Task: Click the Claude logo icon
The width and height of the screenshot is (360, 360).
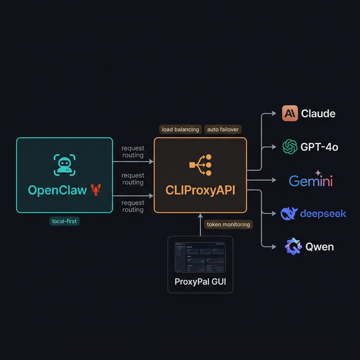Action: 290,113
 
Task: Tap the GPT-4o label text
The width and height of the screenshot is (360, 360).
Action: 319,147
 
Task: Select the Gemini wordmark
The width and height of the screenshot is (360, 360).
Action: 310,181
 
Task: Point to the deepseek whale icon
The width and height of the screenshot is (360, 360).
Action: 289,213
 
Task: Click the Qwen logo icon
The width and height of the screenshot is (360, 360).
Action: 293,246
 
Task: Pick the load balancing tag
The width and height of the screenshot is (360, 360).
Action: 180,129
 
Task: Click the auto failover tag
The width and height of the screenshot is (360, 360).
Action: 223,129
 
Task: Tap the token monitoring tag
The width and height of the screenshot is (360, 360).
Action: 228,224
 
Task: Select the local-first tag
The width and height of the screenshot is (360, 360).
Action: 65,221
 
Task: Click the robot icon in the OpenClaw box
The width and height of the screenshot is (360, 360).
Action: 65,164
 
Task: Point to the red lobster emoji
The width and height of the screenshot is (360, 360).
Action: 96,190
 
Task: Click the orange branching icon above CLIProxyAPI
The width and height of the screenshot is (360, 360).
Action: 200,165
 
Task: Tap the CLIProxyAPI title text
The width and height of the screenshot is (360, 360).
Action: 200,191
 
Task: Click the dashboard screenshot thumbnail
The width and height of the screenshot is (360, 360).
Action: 200,256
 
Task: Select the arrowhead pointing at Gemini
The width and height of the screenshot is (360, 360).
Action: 274,181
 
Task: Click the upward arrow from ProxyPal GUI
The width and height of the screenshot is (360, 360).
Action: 200,222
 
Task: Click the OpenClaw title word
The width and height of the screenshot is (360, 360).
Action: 57,190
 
